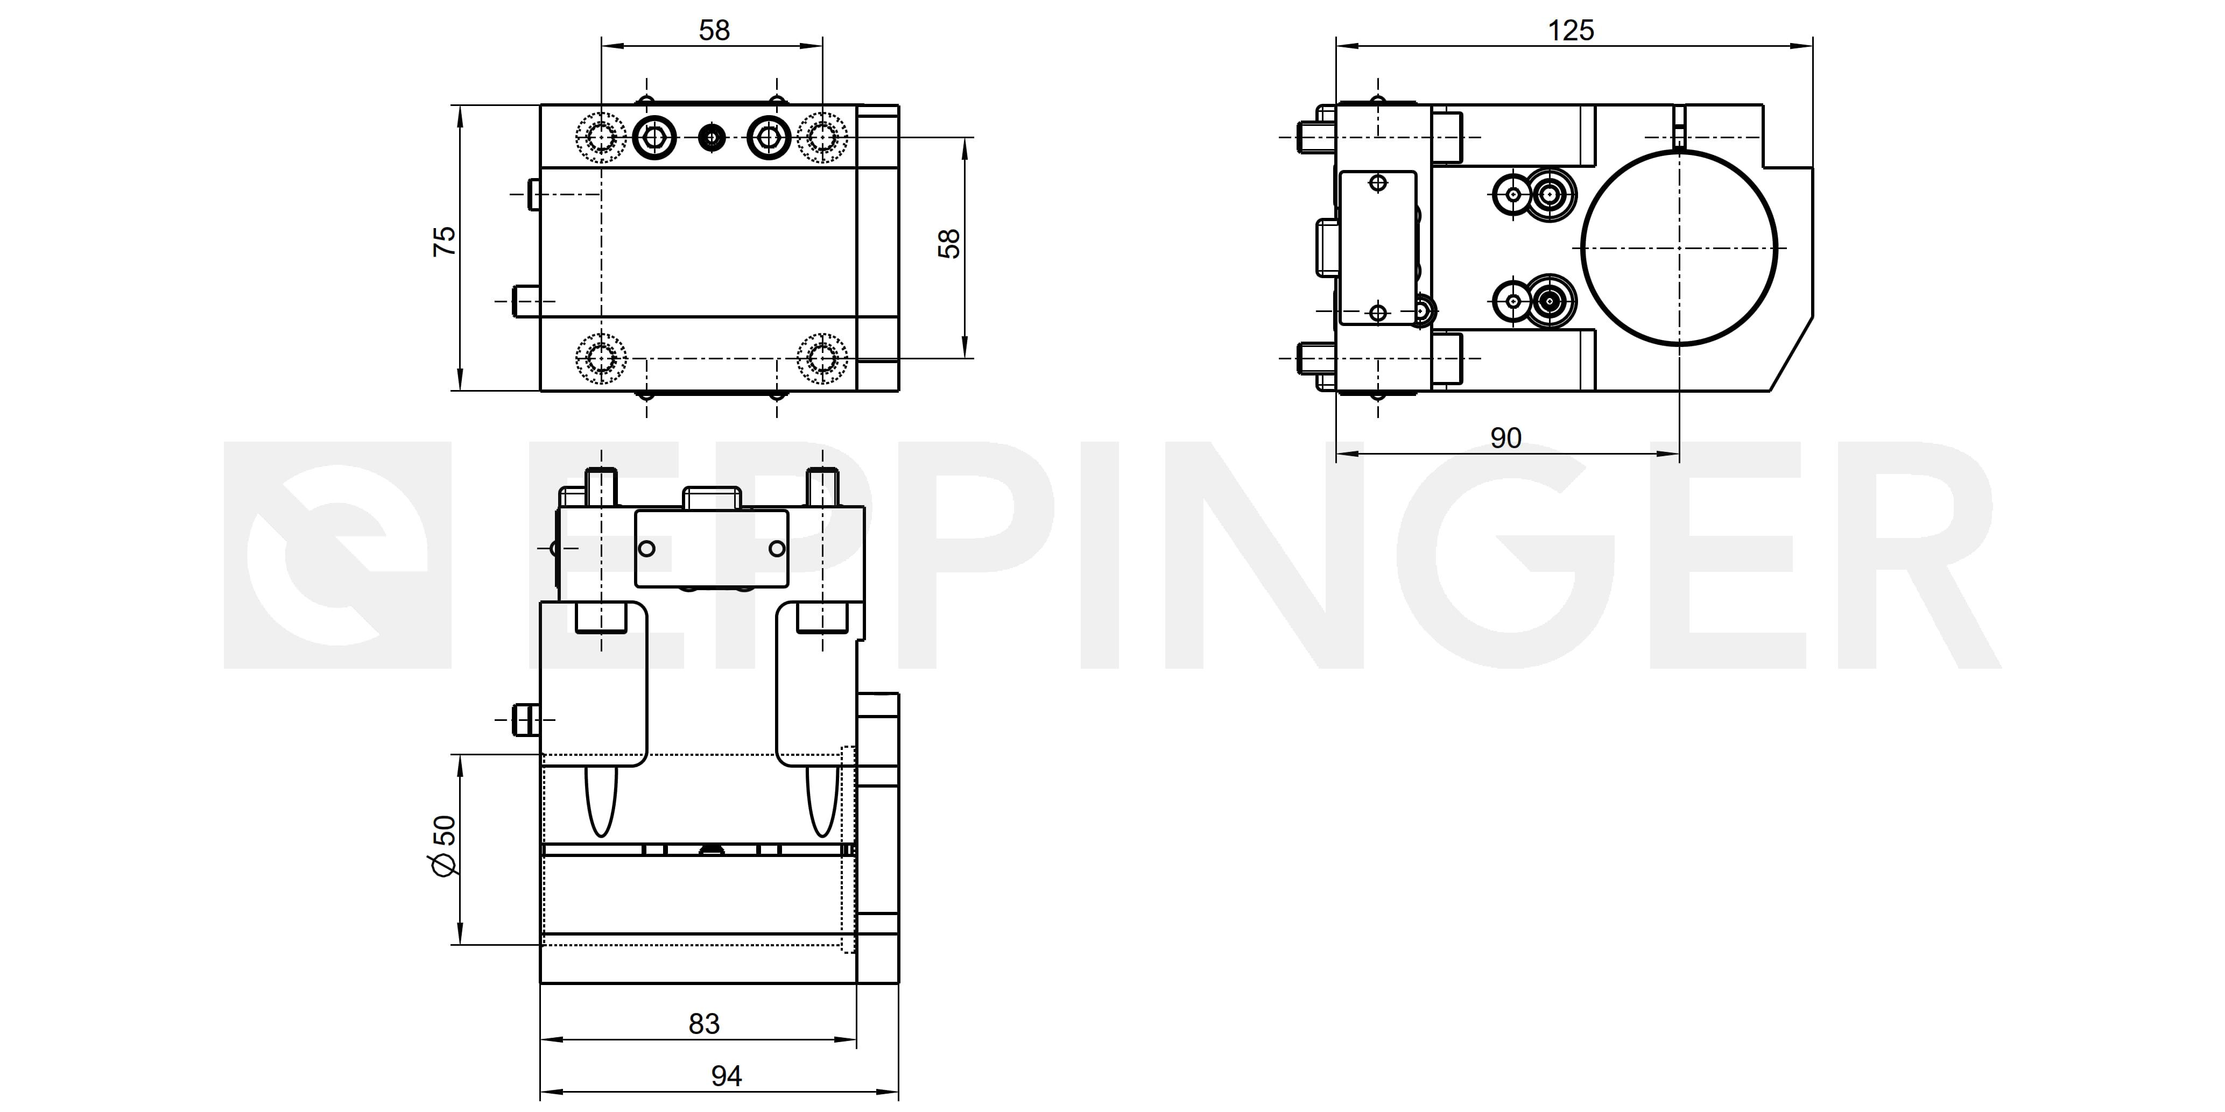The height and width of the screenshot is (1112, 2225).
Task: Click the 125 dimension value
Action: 1571,31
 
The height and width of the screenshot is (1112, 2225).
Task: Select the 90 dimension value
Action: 1505,438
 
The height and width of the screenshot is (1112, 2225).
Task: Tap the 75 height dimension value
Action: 445,241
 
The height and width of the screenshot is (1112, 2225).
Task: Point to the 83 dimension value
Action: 704,1024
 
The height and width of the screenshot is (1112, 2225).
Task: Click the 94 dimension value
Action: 727,1076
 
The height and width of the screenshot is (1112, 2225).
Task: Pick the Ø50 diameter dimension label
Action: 444,846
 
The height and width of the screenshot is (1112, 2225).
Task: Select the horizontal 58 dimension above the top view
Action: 714,31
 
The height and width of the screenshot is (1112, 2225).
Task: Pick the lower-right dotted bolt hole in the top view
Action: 822,357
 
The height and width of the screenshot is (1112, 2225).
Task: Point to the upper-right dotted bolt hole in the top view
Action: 822,137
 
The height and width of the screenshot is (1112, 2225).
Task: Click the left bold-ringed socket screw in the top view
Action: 654,137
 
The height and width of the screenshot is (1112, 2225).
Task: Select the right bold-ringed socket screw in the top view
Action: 769,137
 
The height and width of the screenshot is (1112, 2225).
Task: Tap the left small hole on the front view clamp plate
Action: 646,548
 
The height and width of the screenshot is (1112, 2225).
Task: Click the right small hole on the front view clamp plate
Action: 777,548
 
